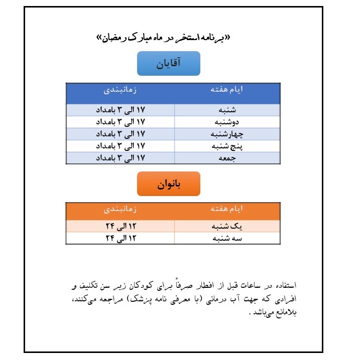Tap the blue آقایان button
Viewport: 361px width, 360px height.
(169, 64)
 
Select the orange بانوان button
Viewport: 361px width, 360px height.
(169, 184)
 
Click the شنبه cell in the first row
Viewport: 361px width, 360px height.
(227, 110)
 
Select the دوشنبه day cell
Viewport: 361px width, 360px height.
(227, 122)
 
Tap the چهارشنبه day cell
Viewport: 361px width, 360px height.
(227, 134)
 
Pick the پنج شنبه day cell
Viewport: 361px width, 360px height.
(227, 146)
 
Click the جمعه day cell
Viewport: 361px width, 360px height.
(227, 158)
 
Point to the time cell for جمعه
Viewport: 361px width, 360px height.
(120, 158)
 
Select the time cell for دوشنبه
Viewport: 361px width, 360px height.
(120, 122)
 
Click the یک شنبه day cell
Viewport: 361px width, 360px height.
(227, 226)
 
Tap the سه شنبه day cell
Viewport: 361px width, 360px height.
(227, 238)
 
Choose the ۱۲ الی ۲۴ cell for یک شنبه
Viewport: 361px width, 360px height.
(120, 226)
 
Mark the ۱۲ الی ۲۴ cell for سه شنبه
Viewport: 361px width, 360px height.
(120, 238)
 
